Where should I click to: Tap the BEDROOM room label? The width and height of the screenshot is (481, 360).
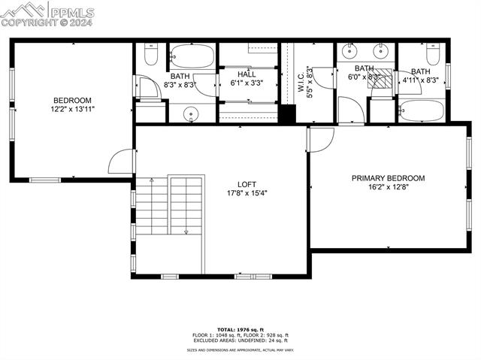(72, 100)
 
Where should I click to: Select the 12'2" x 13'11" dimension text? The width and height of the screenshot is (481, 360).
(72, 110)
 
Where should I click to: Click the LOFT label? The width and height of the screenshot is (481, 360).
(247, 183)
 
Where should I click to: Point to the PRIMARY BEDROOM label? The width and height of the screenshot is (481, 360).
(388, 178)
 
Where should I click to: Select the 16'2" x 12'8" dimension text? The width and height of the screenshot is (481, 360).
(388, 188)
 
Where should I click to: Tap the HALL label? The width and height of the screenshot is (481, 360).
(247, 74)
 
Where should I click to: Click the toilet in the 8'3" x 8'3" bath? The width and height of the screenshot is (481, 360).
(149, 57)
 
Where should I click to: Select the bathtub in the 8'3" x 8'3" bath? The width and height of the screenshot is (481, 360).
(192, 56)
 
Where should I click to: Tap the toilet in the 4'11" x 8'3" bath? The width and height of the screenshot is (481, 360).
(433, 55)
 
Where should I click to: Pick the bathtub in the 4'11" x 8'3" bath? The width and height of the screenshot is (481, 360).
(422, 110)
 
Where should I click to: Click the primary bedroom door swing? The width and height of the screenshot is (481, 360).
(320, 139)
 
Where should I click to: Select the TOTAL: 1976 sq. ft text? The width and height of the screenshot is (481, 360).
(238, 329)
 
